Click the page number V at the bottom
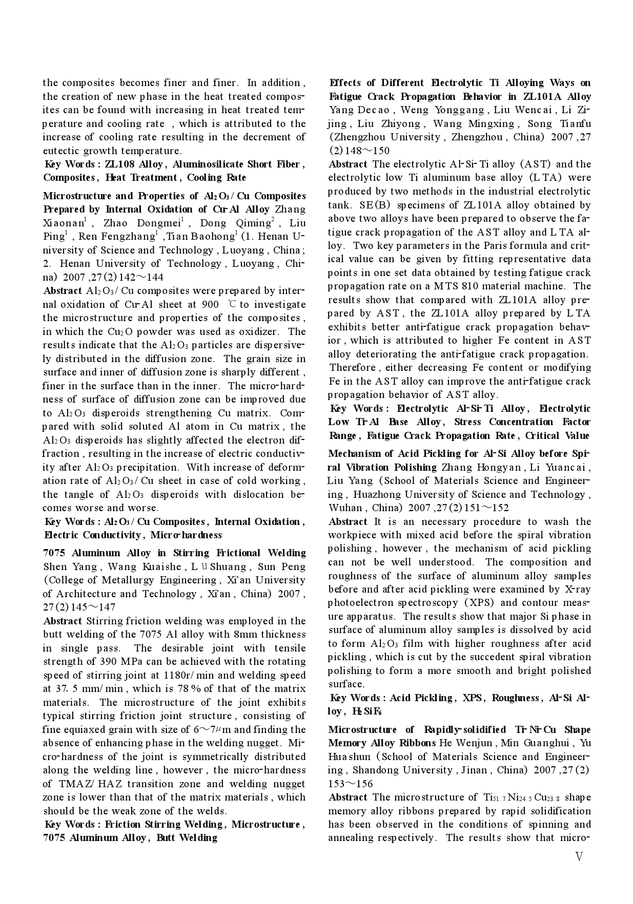pos(579,857)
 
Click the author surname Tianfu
pos(574,124)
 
